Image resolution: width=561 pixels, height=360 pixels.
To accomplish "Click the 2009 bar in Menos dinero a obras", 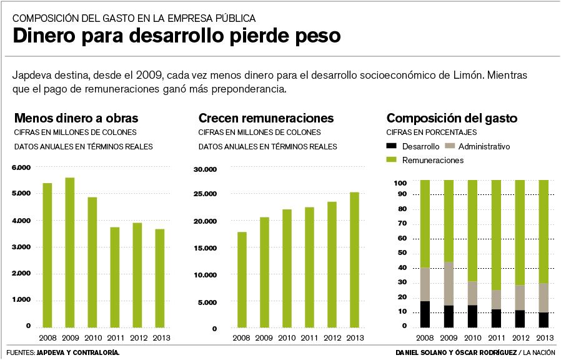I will click(70, 252).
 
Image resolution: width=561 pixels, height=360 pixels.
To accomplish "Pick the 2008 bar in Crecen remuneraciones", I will click(241, 279).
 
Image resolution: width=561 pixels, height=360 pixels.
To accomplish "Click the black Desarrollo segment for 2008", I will click(425, 314).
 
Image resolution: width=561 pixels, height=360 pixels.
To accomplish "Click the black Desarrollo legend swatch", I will click(392, 147).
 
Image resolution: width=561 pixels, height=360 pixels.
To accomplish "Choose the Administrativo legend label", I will click(484, 147).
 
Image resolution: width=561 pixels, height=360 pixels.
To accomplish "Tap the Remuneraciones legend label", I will click(433, 161).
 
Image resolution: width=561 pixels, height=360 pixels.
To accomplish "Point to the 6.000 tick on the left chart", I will click(20, 167).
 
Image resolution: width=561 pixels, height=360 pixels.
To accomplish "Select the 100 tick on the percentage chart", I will click(400, 182).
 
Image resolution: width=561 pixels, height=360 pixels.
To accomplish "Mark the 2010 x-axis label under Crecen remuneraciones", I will click(286, 338).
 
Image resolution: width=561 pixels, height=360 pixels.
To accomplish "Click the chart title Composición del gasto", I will click(452, 118).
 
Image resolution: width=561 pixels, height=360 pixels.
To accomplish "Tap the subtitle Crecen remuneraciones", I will click(266, 118).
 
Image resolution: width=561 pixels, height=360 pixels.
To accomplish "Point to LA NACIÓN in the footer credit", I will click(539, 352).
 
